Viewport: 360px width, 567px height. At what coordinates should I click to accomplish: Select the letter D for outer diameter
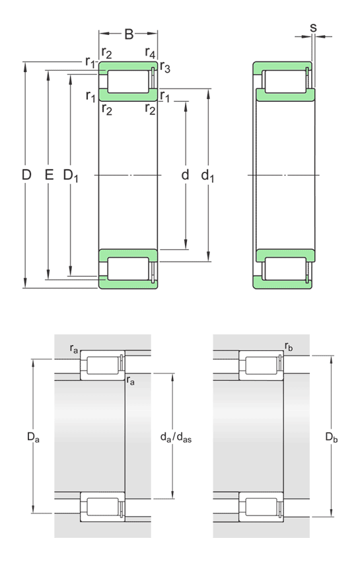[x=26, y=175]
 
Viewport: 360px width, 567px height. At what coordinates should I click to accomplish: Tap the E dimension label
[x=48, y=175]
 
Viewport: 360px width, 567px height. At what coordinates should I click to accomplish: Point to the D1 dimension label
[x=71, y=176]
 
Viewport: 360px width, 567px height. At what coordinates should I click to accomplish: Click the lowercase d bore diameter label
[x=185, y=175]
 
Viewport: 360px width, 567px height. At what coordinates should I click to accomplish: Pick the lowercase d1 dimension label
[x=208, y=176]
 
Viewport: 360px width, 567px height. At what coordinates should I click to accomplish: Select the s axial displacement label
[x=313, y=28]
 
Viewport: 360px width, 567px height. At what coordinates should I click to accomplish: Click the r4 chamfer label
[x=151, y=53]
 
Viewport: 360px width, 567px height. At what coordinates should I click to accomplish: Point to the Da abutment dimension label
[x=33, y=437]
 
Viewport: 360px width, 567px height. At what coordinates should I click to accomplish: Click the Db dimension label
[x=332, y=437]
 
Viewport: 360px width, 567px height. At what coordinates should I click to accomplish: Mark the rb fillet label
[x=289, y=346]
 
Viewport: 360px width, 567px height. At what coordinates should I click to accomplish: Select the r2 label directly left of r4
[x=106, y=53]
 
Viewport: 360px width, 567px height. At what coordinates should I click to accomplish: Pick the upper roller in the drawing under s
[x=285, y=81]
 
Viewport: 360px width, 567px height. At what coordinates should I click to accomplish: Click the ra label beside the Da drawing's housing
[x=75, y=348]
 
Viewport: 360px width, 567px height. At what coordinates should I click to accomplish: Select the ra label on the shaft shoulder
[x=131, y=381]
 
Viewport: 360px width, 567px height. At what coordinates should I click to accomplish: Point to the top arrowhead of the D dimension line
[x=26, y=65]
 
